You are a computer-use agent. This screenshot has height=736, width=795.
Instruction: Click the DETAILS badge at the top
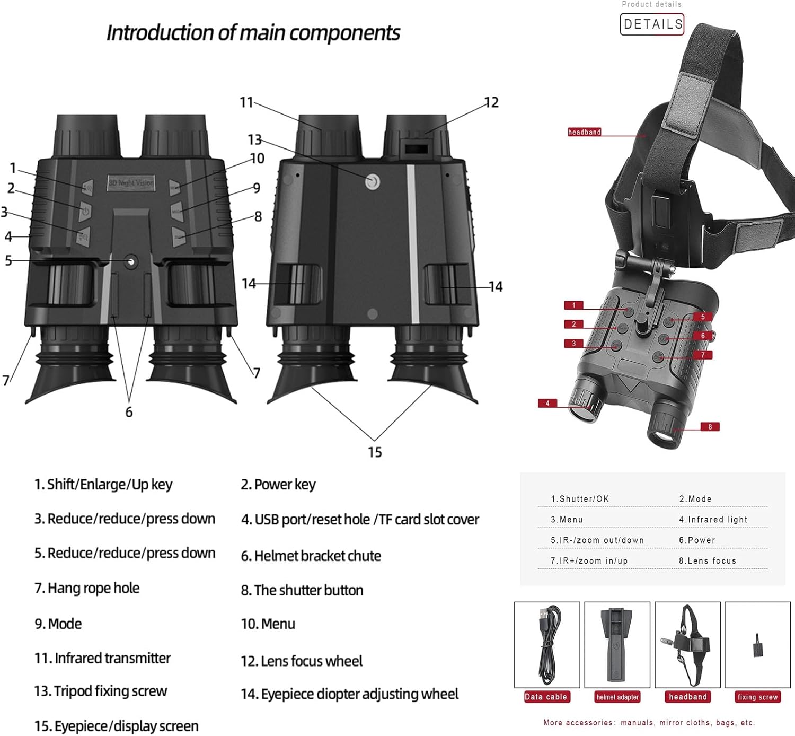[652, 24]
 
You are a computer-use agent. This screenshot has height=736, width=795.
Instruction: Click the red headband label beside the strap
[584, 132]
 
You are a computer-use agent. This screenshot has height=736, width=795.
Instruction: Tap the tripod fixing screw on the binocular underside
[373, 182]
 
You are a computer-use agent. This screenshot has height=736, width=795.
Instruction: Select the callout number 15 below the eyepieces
[375, 452]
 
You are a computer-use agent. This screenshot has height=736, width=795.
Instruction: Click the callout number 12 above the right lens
[491, 102]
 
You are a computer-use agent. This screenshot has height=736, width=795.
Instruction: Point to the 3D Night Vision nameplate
[131, 183]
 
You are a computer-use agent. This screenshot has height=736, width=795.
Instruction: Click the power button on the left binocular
[85, 211]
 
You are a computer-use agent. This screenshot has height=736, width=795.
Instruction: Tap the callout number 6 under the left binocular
[129, 412]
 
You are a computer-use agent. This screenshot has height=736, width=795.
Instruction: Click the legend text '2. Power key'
[278, 484]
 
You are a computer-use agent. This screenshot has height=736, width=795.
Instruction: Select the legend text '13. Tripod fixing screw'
[101, 691]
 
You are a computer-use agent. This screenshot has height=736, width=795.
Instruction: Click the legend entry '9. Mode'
[58, 624]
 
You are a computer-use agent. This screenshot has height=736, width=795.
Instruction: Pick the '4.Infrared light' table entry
[713, 520]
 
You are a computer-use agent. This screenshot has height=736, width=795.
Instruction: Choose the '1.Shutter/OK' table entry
[580, 499]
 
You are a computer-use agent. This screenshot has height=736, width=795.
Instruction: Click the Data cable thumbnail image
[547, 645]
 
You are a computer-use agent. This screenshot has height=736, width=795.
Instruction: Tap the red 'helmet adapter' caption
[617, 697]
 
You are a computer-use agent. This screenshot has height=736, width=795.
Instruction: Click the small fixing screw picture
[757, 645]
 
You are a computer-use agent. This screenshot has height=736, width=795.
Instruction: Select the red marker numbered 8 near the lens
[710, 427]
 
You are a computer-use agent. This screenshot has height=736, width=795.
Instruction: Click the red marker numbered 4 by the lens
[547, 404]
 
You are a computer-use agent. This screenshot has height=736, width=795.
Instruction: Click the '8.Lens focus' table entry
[708, 561]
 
